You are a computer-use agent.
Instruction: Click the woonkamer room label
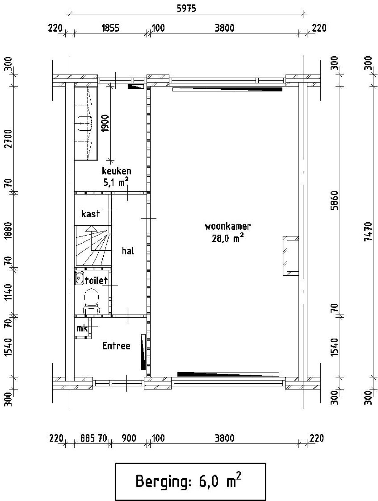coord(228,226)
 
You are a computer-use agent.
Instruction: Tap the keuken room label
coord(116,171)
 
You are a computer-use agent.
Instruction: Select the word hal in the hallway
coord(128,251)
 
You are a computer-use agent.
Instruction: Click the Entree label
coord(116,346)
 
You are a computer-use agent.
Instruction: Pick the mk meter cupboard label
coord(82,328)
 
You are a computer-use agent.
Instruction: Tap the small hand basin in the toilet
coord(79,277)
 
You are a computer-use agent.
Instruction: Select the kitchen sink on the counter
coord(85,123)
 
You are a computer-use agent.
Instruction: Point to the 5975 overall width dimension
coord(186,9)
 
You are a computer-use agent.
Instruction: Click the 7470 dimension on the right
coord(368,232)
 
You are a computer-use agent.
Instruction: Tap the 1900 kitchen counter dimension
coord(105,123)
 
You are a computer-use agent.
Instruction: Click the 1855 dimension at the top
coord(110,28)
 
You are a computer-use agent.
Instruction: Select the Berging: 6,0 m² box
coord(190,481)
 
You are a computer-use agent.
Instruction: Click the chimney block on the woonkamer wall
coord(291,256)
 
